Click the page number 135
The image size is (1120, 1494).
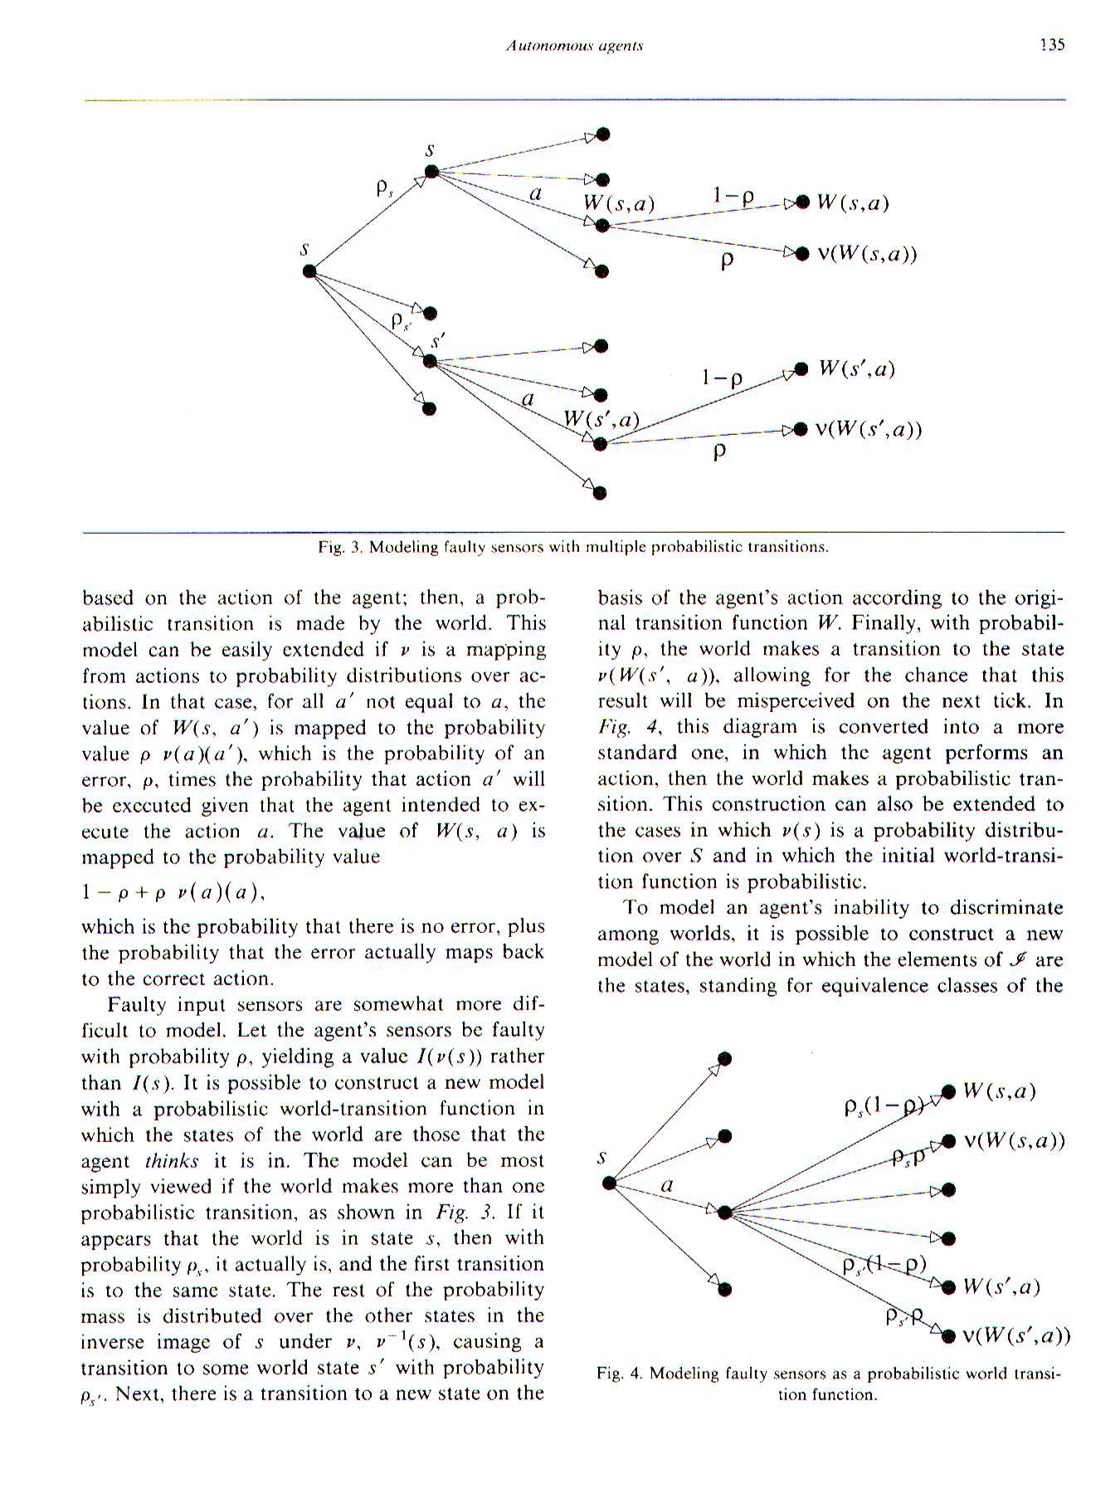[x=1051, y=45]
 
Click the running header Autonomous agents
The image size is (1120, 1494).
[x=574, y=46]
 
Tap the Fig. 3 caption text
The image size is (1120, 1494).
[x=573, y=547]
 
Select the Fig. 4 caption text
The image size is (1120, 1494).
[x=828, y=1384]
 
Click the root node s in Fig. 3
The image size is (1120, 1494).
[x=309, y=271]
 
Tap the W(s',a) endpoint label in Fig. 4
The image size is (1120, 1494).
[x=1001, y=1286]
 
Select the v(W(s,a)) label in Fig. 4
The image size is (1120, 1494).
[x=1014, y=1140]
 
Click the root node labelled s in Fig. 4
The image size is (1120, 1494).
[x=609, y=1182]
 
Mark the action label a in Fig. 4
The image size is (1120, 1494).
[x=666, y=1186]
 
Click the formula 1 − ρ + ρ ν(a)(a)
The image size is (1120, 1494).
[x=173, y=892]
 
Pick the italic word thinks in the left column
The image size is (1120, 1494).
[x=172, y=1160]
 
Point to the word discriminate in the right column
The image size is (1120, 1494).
[x=1005, y=908]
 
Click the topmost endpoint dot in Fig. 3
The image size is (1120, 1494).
[x=603, y=134]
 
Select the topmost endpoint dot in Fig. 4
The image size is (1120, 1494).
[x=725, y=1058]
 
